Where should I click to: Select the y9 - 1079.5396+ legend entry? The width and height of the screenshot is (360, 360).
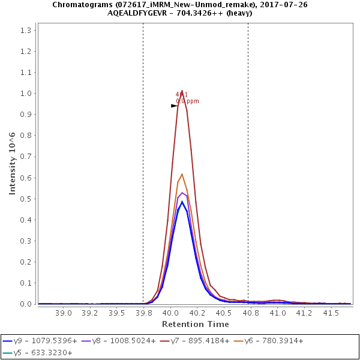(x=41, y=341)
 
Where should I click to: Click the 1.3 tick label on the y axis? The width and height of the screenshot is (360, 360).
(x=26, y=30)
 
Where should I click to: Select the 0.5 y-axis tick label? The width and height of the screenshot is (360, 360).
(x=26, y=199)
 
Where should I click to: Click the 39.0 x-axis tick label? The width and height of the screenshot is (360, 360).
(x=64, y=313)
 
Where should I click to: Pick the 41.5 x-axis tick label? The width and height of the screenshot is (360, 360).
(x=332, y=313)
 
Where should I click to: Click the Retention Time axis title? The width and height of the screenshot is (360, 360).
(x=195, y=324)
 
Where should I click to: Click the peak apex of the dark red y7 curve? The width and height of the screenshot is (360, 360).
(x=182, y=91)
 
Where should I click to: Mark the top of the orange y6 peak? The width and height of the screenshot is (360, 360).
(x=182, y=174)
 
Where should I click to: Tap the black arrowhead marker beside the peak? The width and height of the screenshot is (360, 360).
(x=174, y=106)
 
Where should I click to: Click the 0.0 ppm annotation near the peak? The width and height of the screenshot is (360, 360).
(x=187, y=101)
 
